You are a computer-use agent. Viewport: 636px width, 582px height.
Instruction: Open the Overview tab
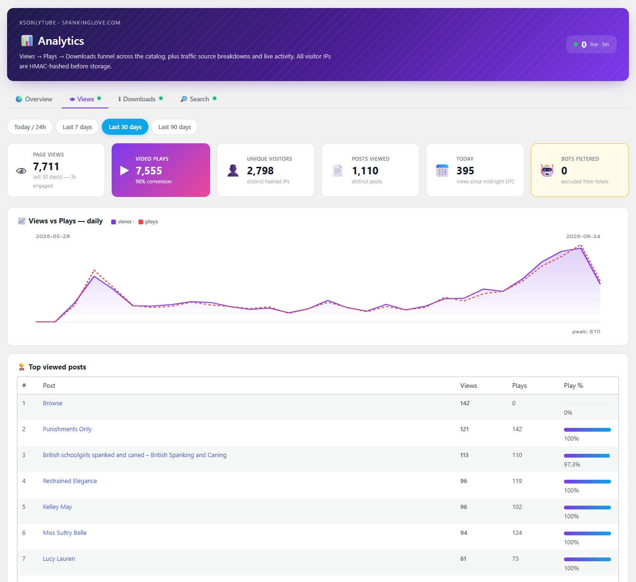(x=34, y=99)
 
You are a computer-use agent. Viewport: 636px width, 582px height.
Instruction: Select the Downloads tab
(x=140, y=99)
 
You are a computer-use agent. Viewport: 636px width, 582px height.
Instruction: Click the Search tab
(x=198, y=99)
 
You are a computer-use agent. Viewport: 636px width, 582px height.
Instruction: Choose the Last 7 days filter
(x=77, y=127)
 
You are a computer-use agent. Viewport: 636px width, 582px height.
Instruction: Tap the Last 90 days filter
(x=174, y=127)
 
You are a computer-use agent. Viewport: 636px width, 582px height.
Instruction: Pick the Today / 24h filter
(x=30, y=127)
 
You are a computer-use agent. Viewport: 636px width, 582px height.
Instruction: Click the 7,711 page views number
(x=46, y=166)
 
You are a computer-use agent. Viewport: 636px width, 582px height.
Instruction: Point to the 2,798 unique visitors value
(x=260, y=171)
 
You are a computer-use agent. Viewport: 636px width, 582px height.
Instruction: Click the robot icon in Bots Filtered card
(x=547, y=171)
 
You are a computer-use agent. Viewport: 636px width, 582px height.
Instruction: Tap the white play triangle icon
(x=124, y=171)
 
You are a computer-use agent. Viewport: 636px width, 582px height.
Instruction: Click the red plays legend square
(x=141, y=221)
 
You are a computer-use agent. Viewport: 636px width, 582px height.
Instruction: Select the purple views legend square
(x=114, y=221)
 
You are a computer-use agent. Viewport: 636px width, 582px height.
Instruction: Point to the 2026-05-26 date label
(x=53, y=236)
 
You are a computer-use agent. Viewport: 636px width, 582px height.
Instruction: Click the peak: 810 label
(x=586, y=331)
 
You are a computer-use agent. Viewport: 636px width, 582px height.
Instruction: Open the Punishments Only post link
(x=67, y=429)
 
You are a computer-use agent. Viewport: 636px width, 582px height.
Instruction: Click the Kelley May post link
(x=57, y=507)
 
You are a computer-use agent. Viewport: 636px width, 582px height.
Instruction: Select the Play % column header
(x=573, y=385)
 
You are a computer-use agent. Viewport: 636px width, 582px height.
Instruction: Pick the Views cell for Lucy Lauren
(x=463, y=558)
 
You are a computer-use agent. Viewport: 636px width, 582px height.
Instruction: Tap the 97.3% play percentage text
(x=572, y=464)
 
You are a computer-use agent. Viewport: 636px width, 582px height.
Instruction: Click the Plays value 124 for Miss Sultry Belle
(x=517, y=533)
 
